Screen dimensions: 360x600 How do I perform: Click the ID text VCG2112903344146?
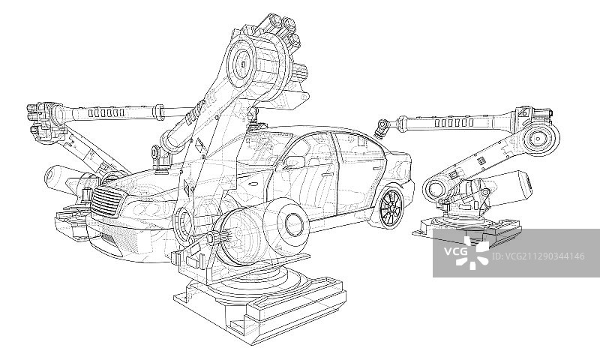click(x=535, y=256)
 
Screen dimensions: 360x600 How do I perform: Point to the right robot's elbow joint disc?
click(x=541, y=138)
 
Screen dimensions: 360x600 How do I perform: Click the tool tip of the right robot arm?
click(x=383, y=129)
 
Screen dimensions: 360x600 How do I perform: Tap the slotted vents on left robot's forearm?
click(x=106, y=113)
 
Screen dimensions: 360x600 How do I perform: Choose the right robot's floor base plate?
click(x=465, y=232)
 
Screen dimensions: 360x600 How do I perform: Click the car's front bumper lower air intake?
click(x=109, y=240)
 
